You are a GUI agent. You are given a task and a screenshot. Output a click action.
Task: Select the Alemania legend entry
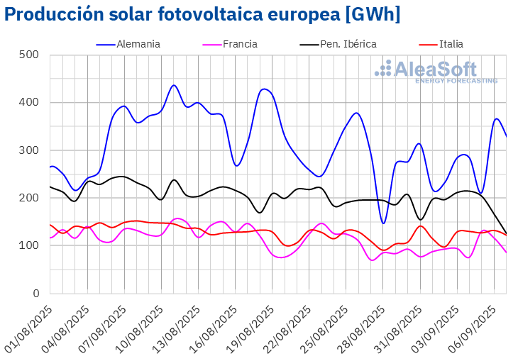[138, 44]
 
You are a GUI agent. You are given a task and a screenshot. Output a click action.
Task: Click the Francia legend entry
[240, 44]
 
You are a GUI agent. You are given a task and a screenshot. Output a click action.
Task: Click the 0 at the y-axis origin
[35, 294]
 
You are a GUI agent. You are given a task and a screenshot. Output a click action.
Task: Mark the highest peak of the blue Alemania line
[174, 85]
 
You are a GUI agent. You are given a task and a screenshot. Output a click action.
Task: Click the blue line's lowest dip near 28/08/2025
[383, 223]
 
